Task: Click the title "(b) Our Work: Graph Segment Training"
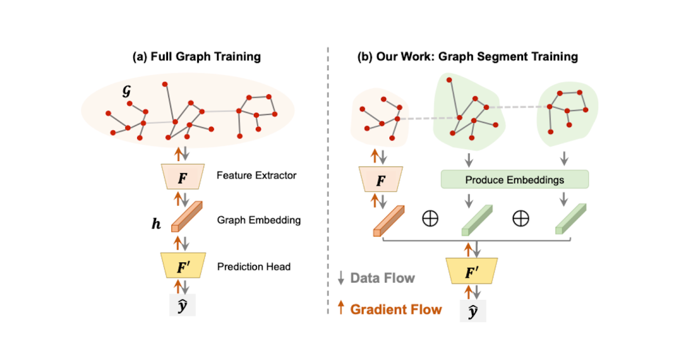(468, 57)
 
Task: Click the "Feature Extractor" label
(257, 175)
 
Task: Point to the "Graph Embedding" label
(259, 220)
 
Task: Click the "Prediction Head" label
(254, 266)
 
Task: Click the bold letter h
(155, 225)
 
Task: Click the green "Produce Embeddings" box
(514, 180)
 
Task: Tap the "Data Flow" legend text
(382, 278)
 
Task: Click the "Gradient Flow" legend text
(396, 310)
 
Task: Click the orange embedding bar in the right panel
(389, 221)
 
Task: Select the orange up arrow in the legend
(341, 309)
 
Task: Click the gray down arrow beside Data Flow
(341, 278)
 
